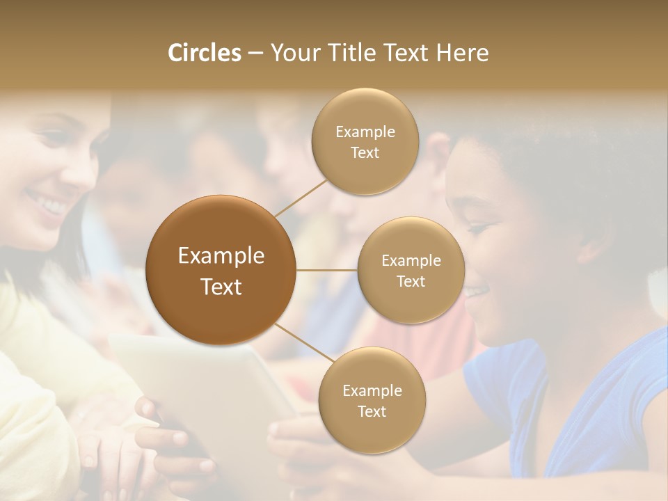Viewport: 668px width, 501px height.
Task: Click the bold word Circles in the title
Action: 204,53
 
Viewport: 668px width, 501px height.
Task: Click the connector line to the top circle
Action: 301,197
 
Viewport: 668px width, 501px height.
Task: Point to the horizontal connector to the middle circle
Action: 326,270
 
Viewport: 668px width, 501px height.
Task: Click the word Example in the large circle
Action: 221,256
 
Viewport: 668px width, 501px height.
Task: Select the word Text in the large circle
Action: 221,287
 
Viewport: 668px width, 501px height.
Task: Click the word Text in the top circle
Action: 365,152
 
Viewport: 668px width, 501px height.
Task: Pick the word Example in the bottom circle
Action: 372,391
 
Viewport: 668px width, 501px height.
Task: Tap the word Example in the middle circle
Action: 411,261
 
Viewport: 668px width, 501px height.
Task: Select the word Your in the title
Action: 292,53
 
